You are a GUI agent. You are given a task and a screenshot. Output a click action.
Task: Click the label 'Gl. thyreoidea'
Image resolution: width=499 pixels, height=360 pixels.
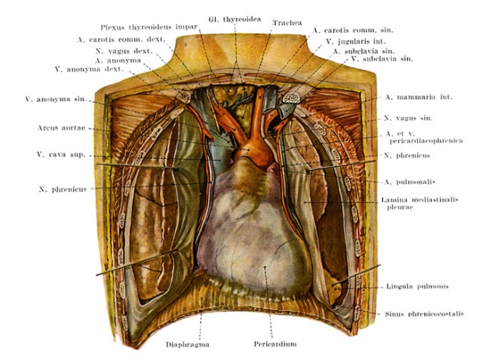click(235, 19)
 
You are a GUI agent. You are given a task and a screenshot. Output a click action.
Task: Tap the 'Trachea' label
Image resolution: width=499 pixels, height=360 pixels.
click(288, 23)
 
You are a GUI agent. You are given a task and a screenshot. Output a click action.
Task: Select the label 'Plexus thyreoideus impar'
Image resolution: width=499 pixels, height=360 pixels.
click(149, 27)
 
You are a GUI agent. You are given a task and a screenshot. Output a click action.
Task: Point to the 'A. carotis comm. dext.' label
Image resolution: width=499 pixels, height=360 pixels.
click(121, 40)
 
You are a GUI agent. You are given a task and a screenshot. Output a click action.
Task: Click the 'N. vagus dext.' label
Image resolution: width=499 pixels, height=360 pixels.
click(124, 51)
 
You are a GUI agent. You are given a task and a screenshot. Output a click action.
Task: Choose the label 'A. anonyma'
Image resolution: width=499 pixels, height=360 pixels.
click(118, 61)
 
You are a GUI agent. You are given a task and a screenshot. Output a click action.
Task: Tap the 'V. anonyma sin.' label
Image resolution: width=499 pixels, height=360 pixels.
click(55, 99)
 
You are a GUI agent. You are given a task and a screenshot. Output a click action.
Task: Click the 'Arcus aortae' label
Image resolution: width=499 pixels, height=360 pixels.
click(62, 128)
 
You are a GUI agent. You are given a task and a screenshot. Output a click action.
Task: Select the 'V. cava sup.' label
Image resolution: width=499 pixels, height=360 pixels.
click(61, 155)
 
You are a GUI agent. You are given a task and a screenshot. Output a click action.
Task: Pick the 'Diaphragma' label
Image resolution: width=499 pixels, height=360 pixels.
click(188, 344)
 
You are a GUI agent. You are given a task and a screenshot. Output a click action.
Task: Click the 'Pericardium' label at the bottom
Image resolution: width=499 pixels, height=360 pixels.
click(275, 344)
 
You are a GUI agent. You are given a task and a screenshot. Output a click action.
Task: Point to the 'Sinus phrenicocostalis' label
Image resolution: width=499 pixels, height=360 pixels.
click(424, 314)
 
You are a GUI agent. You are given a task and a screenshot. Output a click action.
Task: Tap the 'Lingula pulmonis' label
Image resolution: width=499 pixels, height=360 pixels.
click(417, 286)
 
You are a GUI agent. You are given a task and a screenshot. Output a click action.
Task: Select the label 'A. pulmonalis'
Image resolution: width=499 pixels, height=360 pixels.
click(409, 182)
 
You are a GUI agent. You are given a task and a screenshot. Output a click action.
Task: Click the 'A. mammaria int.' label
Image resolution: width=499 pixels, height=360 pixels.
click(419, 97)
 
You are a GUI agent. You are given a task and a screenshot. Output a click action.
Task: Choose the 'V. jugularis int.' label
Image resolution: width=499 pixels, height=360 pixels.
click(356, 41)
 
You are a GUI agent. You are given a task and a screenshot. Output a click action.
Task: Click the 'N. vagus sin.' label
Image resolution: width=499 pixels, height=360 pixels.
click(408, 118)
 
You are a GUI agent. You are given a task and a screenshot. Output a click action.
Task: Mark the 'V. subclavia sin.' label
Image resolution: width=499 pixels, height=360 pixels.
click(382, 59)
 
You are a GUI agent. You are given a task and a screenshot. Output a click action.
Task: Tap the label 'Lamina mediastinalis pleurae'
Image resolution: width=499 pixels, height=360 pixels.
click(419, 203)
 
